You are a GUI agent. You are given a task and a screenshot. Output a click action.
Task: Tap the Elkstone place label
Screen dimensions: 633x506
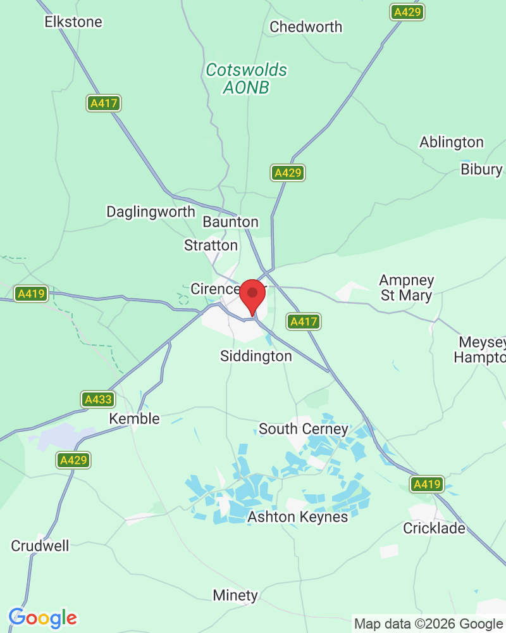pyautogui.click(x=73, y=22)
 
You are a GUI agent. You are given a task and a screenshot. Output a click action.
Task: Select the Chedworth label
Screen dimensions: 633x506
pyautogui.click(x=305, y=27)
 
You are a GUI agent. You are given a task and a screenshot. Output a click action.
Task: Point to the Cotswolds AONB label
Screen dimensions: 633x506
pyautogui.click(x=246, y=78)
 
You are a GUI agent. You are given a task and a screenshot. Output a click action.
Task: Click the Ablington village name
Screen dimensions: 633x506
pyautogui.click(x=451, y=142)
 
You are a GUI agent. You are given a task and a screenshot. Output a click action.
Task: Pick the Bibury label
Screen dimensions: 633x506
pyautogui.click(x=481, y=169)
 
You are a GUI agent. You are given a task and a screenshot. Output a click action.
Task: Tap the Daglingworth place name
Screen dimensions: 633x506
pyautogui.click(x=151, y=211)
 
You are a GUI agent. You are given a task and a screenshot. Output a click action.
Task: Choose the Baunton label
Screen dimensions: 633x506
pyautogui.click(x=230, y=222)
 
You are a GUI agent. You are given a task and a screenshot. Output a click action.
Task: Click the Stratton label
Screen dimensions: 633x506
pyautogui.click(x=211, y=245)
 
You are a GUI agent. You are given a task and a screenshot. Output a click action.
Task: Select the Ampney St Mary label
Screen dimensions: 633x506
pyautogui.click(x=406, y=287)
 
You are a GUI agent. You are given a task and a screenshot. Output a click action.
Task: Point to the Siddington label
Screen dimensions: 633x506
pyautogui.click(x=256, y=356)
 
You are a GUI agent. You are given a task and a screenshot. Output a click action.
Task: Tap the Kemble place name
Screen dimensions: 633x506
pyautogui.click(x=134, y=418)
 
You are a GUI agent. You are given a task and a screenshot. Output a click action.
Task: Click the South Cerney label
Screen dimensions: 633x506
pyautogui.click(x=304, y=429)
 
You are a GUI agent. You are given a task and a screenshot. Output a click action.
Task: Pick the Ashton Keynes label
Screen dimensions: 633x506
pyautogui.click(x=297, y=517)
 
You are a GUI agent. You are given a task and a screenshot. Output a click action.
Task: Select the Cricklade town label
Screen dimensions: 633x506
pyautogui.click(x=434, y=528)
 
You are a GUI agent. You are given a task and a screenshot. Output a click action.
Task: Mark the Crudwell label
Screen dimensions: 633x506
pyautogui.click(x=40, y=546)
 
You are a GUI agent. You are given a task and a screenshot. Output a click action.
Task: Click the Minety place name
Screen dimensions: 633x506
pyautogui.click(x=235, y=595)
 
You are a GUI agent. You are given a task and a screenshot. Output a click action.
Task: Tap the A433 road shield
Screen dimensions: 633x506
pyautogui.click(x=98, y=399)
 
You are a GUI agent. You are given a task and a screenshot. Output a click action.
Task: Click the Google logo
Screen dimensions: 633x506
pyautogui.click(x=42, y=618)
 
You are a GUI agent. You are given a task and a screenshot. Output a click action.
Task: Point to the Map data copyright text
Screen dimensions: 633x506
pyautogui.click(x=428, y=624)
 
